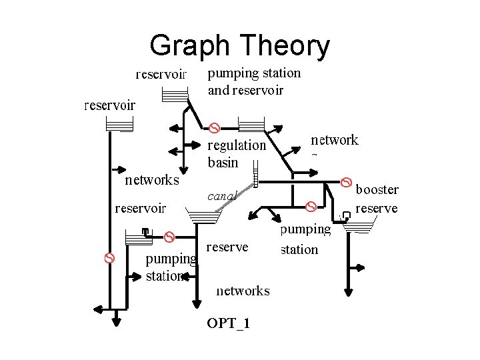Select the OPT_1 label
point(229,324)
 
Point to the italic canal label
point(222,197)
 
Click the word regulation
point(237,145)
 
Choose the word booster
point(377,189)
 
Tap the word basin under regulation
point(223,162)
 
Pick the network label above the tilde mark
point(335,140)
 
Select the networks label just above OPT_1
point(243,291)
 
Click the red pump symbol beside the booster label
point(347,181)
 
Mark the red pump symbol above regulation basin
point(215,127)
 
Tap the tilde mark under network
point(314,156)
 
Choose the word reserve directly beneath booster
point(377,208)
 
